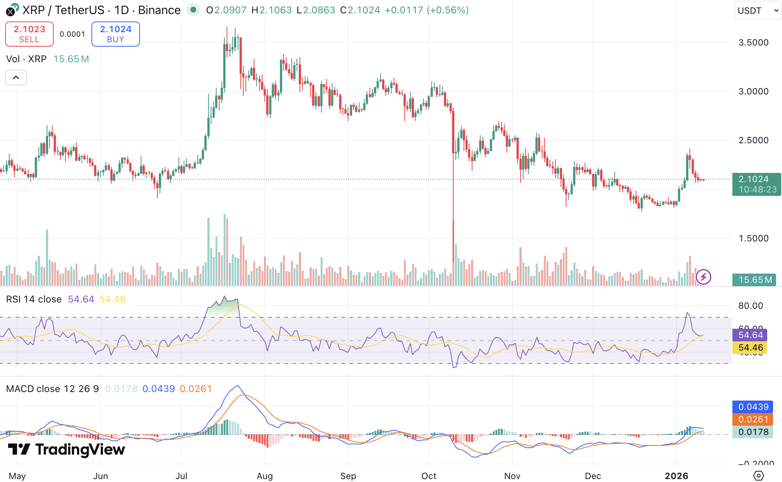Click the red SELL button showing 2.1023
(29, 34)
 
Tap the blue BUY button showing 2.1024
(116, 34)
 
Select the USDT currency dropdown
(758, 10)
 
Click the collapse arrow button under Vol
(16, 77)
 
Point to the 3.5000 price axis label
(753, 43)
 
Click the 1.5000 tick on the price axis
(753, 238)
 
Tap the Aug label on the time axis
(265, 476)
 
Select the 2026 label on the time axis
(676, 476)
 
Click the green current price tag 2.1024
(756, 184)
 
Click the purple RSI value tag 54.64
(750, 335)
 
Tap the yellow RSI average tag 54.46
(750, 348)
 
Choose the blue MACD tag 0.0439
(753, 407)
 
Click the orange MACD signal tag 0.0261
(753, 419)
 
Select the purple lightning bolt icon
(703, 277)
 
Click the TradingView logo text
(67, 449)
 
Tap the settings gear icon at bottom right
(759, 475)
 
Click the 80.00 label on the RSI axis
(751, 306)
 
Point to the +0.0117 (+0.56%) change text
(427, 10)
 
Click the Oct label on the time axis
(429, 476)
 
